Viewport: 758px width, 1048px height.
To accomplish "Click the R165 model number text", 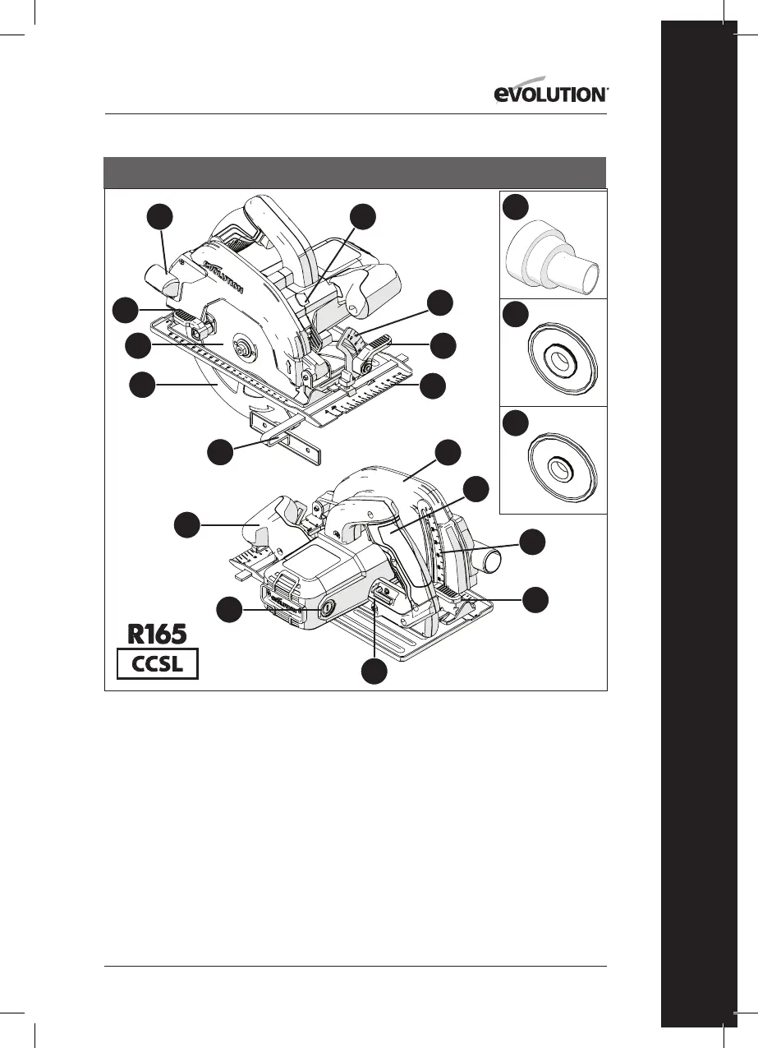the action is pyautogui.click(x=157, y=635).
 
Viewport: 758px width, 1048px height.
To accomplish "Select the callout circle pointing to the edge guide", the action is pyautogui.click(x=219, y=451).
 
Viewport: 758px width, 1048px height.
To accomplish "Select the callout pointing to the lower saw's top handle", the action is pyautogui.click(x=448, y=451).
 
